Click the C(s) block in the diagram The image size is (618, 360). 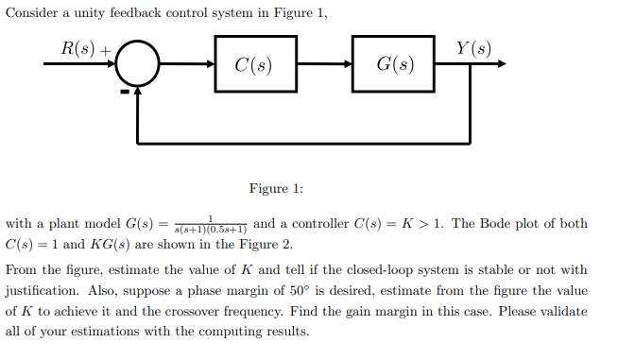point(255,65)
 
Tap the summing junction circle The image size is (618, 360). point(138,65)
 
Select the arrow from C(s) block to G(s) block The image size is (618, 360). point(324,65)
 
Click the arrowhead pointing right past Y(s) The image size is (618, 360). point(500,65)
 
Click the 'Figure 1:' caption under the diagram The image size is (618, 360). point(276,188)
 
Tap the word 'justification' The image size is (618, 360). point(41,290)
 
